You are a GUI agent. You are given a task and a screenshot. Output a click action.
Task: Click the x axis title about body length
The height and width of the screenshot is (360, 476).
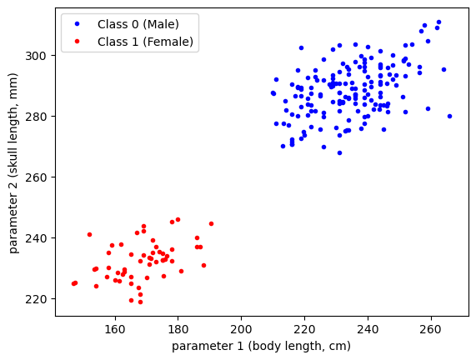tap(262, 345)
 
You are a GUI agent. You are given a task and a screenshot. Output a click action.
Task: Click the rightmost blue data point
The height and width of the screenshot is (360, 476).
tap(449, 116)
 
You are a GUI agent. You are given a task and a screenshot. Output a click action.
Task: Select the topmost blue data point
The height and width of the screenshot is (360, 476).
tap(438, 22)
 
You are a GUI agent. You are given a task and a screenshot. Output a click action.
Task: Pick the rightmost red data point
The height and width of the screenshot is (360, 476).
tap(211, 223)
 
